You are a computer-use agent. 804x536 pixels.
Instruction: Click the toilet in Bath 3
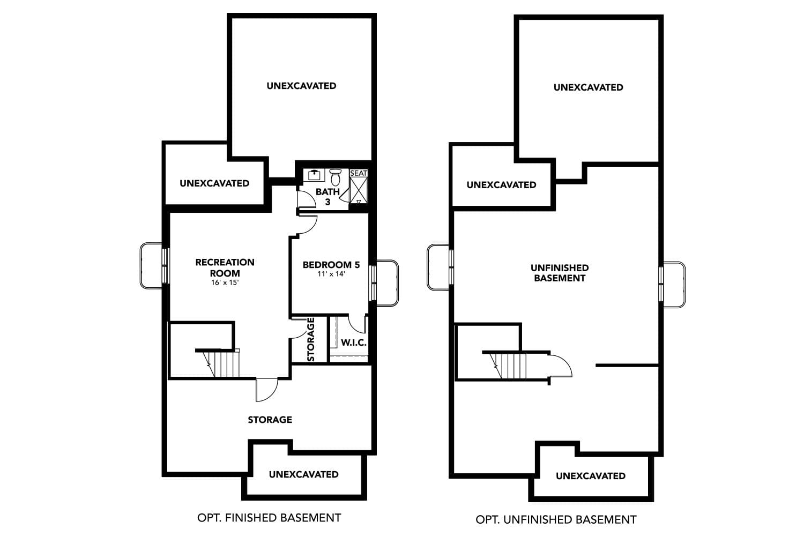pos(336,176)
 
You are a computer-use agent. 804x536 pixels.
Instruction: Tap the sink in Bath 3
pos(314,175)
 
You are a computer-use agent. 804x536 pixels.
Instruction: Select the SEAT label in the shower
pos(359,173)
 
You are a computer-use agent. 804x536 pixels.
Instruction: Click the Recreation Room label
pos(225,267)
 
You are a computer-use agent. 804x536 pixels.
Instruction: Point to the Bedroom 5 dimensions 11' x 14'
pos(331,274)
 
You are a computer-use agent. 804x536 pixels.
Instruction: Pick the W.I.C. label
pos(354,343)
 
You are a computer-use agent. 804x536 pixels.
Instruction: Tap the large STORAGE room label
pos(270,420)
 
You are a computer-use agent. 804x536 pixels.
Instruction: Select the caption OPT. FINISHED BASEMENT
pos(269,518)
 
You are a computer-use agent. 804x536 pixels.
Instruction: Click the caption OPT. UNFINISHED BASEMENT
pos(556,519)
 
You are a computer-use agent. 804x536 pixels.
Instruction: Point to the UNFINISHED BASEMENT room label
pos(560,273)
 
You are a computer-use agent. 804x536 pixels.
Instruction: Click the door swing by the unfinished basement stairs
pos(561,367)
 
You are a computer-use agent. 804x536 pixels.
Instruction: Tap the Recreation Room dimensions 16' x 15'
pos(225,282)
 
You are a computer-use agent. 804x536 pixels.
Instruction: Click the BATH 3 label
pos(327,197)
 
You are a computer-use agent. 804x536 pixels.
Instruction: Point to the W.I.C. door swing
pos(356,324)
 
